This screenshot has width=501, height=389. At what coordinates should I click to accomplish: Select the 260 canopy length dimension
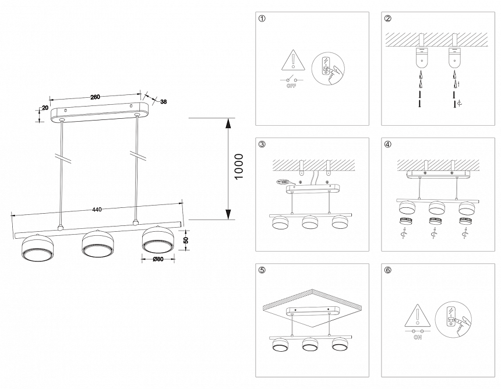tap(94, 97)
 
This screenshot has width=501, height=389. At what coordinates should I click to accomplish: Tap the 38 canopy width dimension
tap(163, 102)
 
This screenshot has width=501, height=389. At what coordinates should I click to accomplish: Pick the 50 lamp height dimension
tap(186, 240)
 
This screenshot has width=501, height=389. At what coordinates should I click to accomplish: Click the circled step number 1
tap(262, 19)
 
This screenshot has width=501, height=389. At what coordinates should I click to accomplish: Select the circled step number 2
tap(387, 19)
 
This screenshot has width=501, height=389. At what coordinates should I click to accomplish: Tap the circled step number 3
tap(262, 144)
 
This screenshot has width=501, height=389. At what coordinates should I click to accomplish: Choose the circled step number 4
tap(387, 144)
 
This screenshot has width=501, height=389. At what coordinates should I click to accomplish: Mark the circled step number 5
tap(262, 270)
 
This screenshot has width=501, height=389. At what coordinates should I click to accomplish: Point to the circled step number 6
tap(387, 270)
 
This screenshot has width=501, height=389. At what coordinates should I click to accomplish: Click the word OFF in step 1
tap(291, 85)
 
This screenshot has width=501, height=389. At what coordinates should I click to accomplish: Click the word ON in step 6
tap(417, 337)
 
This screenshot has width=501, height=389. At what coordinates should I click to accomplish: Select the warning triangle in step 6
tap(417, 314)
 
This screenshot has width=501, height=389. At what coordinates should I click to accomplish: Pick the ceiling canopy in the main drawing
tap(100, 111)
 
